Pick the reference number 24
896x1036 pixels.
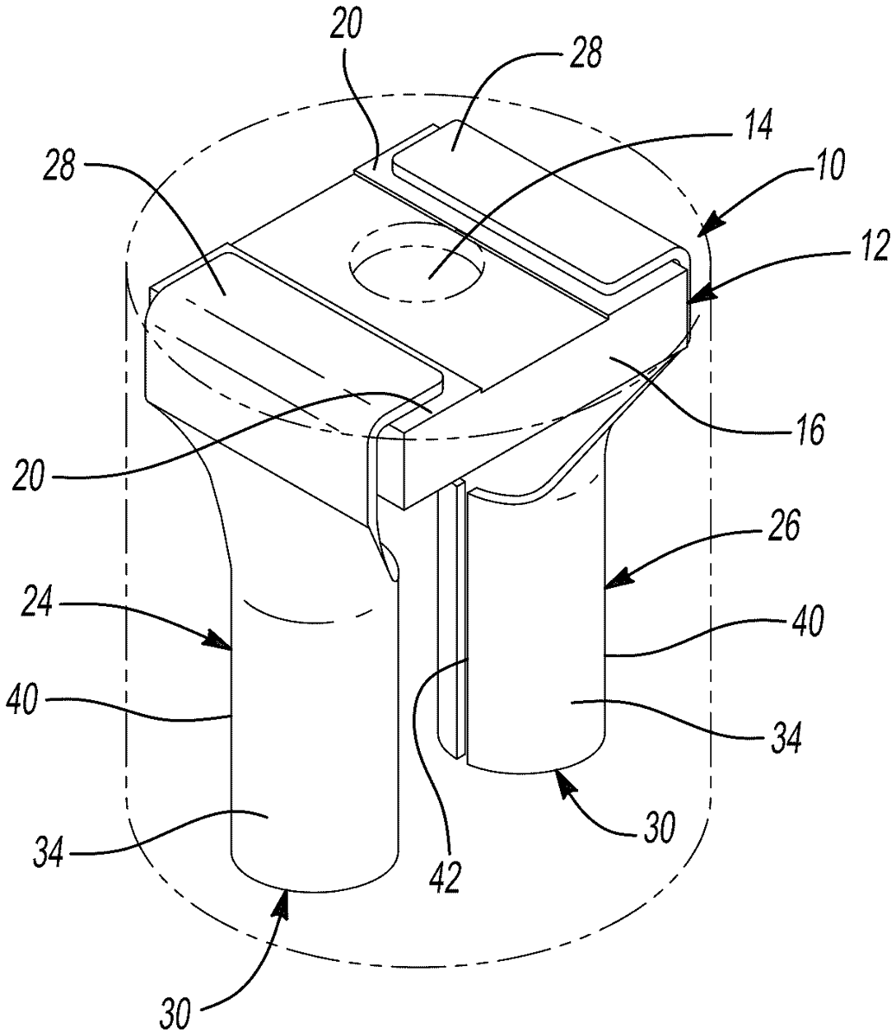(36, 604)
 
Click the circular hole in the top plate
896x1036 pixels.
(417, 272)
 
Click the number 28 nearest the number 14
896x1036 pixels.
(585, 54)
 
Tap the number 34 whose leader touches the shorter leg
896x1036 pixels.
(785, 736)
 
